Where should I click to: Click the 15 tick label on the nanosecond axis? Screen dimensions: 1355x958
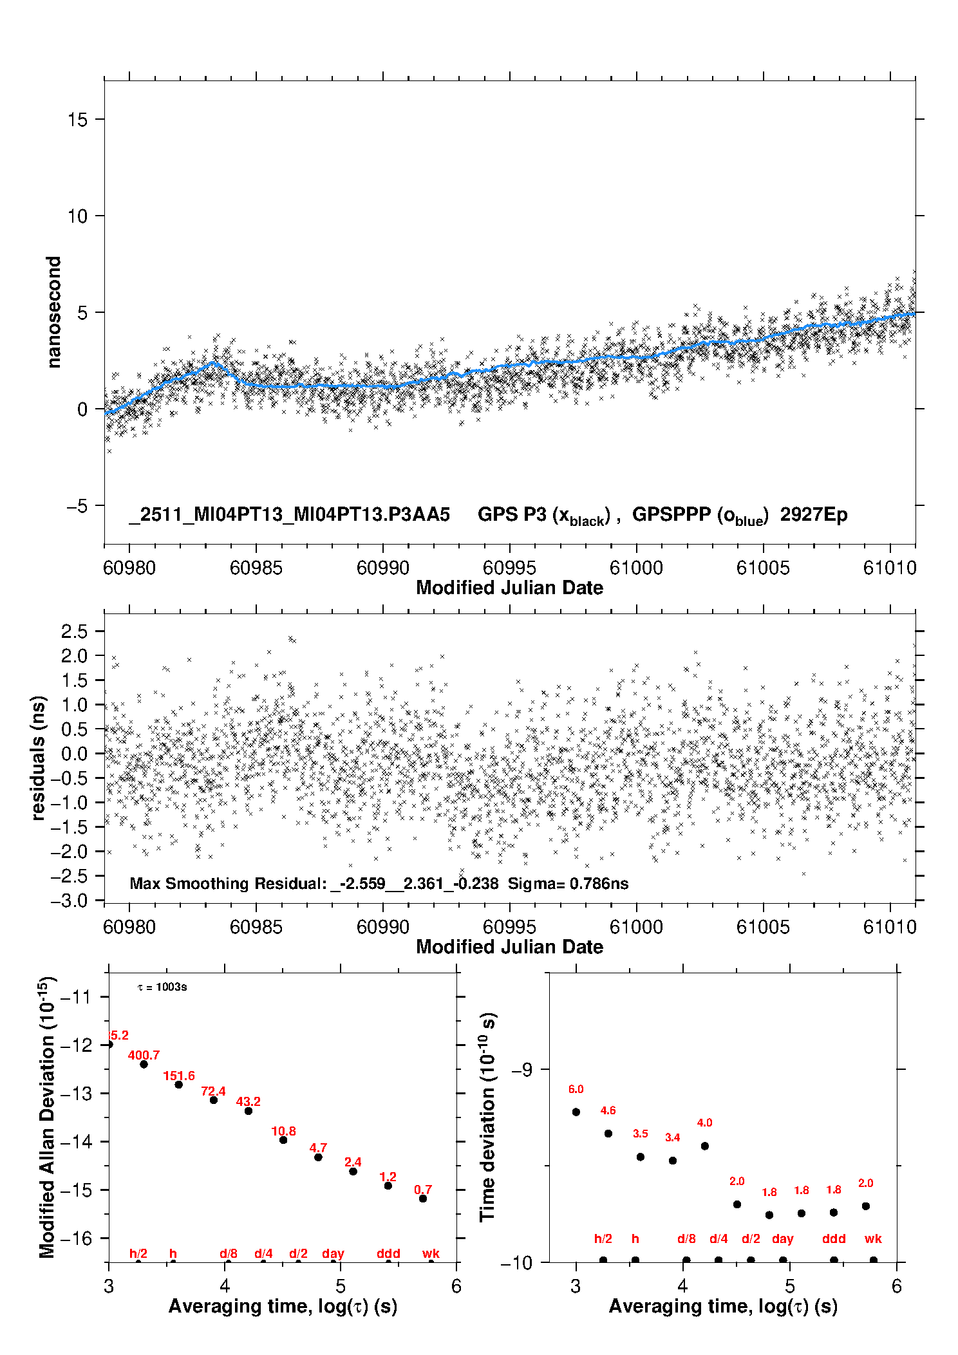coord(78,120)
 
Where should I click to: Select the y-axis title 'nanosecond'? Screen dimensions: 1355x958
coord(54,312)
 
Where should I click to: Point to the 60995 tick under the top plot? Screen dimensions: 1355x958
coord(509,568)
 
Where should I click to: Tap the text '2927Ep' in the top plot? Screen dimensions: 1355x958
coord(814,515)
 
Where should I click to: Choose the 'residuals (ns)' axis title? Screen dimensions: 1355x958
coord(39,758)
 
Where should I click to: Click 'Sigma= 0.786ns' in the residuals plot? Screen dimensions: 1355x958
coord(568,883)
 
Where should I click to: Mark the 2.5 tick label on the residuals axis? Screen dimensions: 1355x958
coord(74,631)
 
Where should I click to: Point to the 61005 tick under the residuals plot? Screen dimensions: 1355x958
coord(763,927)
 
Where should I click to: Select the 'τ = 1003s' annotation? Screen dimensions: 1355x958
coord(162,987)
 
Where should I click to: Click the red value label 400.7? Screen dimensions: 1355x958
coord(144,1055)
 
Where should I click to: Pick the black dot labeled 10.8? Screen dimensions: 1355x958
coord(283,1140)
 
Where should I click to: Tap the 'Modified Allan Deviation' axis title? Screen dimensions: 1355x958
coord(47,1117)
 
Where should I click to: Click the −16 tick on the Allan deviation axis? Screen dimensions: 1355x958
coord(76,1238)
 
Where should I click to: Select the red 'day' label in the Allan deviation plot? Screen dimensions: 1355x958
coord(333,1253)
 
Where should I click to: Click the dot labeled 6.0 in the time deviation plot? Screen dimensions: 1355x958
coord(576,1112)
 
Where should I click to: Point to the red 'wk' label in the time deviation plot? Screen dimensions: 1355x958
coord(873,1238)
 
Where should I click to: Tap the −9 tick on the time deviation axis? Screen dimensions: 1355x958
coord(521,1070)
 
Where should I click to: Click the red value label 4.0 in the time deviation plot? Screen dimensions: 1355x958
coord(705,1123)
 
